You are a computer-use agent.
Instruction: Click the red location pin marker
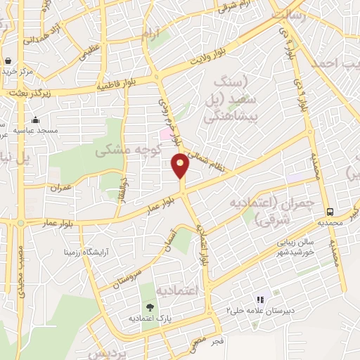[x=181, y=166]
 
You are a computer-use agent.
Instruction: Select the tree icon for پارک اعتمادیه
[x=150, y=307]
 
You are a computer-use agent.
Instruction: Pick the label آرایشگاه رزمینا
[x=90, y=250]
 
